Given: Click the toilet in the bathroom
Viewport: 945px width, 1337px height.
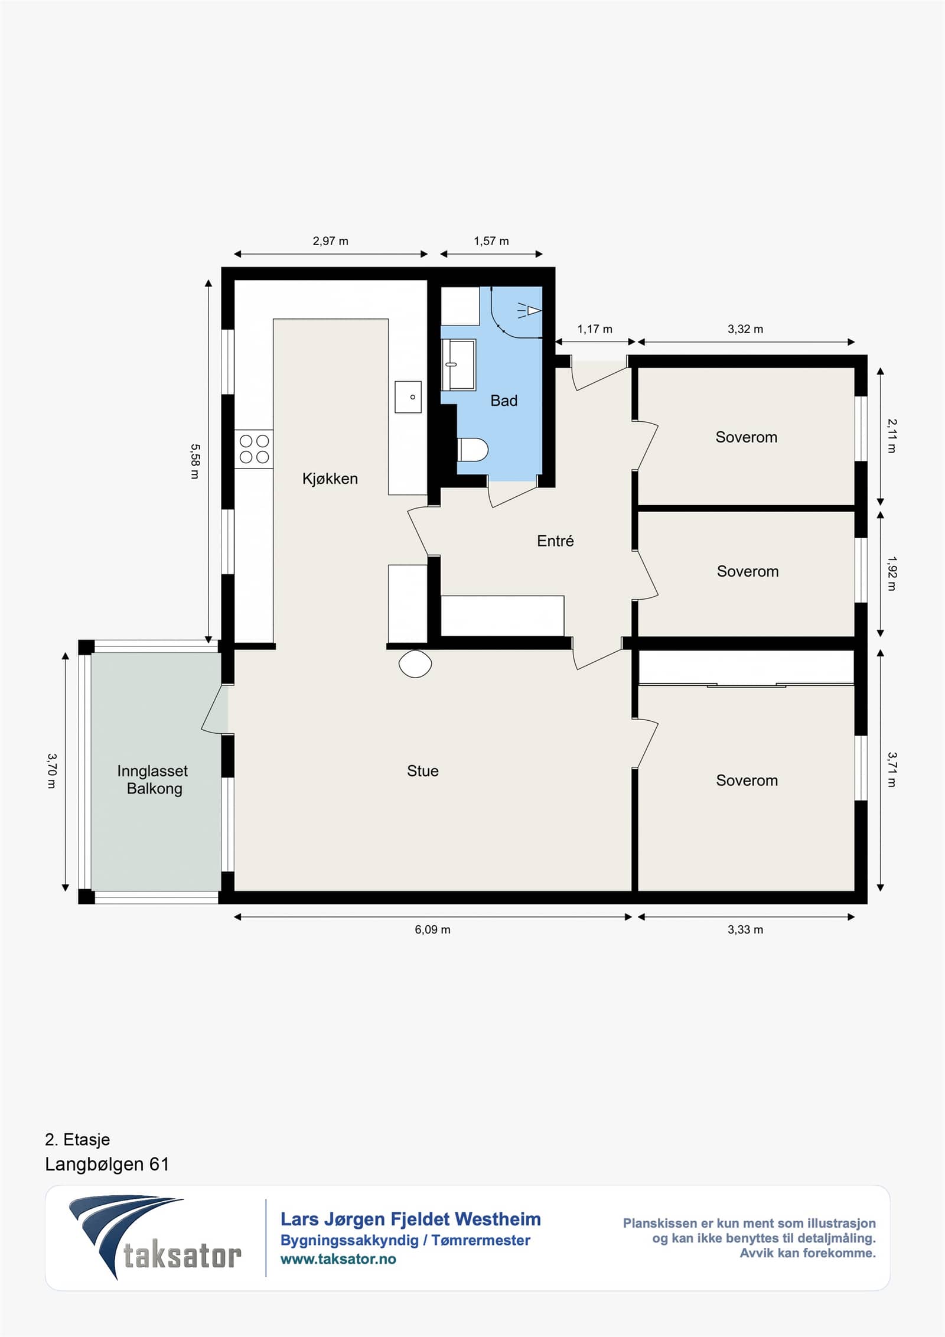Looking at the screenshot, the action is [472, 450].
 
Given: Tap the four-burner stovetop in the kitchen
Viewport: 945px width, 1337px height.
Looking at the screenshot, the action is [254, 449].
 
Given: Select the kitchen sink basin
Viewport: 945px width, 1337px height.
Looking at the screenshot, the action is [408, 397].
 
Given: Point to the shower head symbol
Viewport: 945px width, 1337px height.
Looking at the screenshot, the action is [530, 310].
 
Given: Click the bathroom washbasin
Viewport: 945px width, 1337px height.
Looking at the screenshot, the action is [459, 365].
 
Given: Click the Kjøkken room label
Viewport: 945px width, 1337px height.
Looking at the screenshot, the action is [330, 479].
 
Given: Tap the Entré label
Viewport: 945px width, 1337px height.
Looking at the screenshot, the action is [555, 541].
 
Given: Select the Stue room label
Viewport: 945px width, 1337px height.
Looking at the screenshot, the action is [423, 771].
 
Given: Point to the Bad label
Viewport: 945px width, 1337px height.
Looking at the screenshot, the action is [504, 401].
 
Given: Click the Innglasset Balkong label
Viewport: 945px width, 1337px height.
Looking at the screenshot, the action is [153, 779].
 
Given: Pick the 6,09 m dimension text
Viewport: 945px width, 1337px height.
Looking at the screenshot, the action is [432, 929].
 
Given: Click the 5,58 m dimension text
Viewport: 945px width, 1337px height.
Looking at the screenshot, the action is [195, 461].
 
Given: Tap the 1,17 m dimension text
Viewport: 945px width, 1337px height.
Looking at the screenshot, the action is [595, 329].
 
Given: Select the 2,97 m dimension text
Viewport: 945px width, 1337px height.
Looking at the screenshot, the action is [331, 241].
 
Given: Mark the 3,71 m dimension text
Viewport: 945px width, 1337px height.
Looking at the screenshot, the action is [892, 769].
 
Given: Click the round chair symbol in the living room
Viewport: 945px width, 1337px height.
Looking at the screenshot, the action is [415, 663].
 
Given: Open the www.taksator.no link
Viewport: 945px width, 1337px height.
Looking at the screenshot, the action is [338, 1259].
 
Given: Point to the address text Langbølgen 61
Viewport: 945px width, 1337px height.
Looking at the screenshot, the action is [107, 1164].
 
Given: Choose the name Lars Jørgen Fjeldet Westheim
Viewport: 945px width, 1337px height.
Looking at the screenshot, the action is [410, 1219].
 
